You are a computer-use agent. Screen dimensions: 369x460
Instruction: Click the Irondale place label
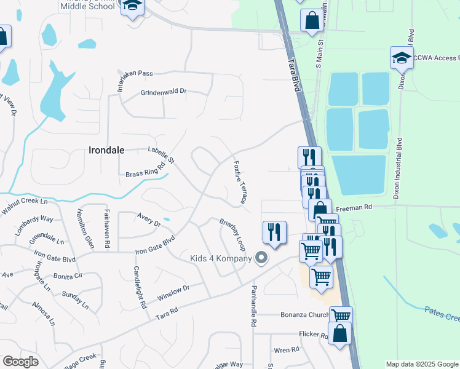pyautogui.click(x=107, y=149)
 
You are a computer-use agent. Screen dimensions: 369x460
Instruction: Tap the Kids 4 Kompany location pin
pyautogui.click(x=261, y=258)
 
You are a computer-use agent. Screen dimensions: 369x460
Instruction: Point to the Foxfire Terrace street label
pyautogui.click(x=240, y=183)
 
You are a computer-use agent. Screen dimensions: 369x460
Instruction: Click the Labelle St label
pyautogui.click(x=162, y=154)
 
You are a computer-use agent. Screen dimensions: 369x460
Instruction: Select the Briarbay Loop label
pyautogui.click(x=233, y=234)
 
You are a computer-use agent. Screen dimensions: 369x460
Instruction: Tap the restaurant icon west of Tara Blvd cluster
pyautogui.click(x=274, y=232)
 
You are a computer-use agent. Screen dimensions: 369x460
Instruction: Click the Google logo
pyautogui.click(x=20, y=362)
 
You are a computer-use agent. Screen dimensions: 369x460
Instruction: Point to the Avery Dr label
pyautogui.click(x=149, y=220)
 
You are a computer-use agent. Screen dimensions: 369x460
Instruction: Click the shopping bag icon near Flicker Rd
pyautogui.click(x=339, y=334)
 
